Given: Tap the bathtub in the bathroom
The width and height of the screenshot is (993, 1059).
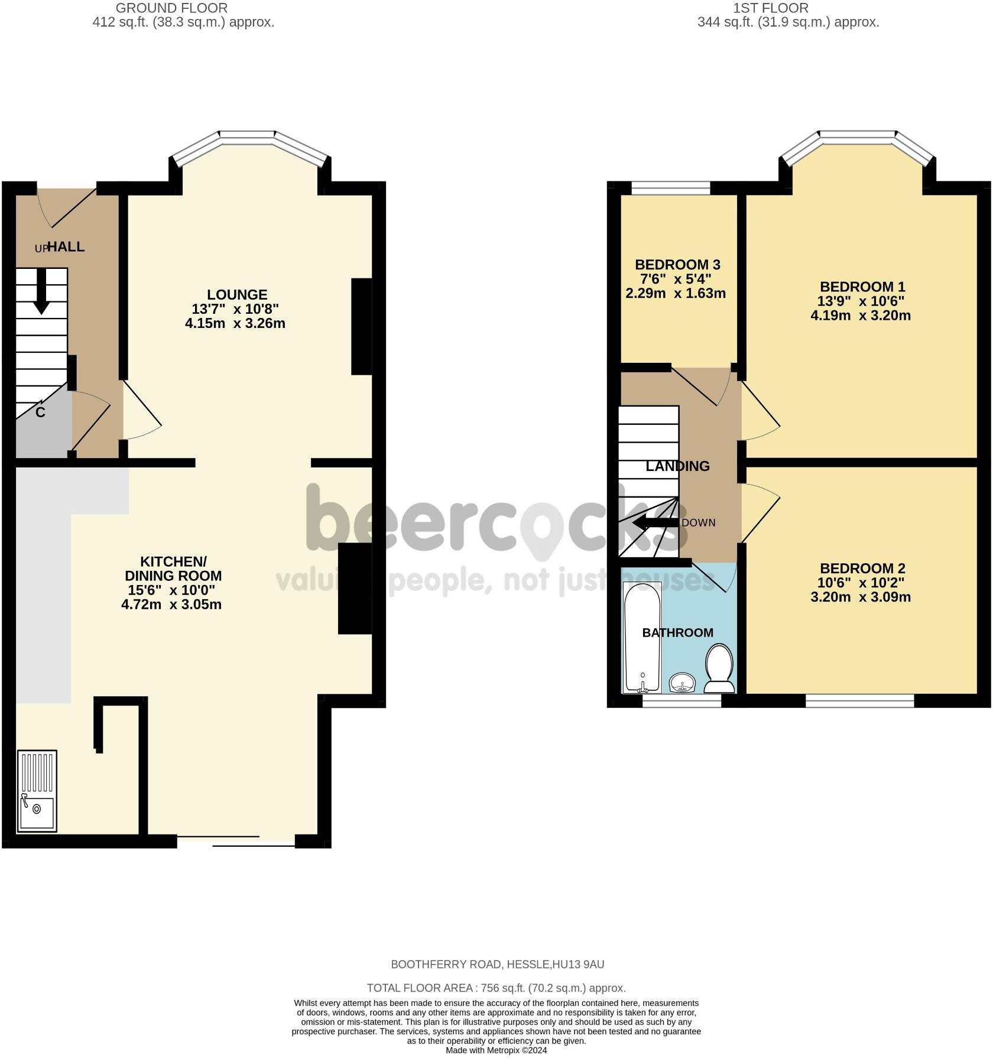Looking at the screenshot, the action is [642, 637].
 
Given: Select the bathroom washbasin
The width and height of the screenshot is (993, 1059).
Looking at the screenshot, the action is [683, 683].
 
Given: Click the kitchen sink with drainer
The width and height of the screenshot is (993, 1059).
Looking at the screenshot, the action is [37, 791].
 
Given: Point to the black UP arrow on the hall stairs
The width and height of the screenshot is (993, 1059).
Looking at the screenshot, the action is [41, 291].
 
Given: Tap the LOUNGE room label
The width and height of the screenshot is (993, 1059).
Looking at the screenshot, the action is [237, 294].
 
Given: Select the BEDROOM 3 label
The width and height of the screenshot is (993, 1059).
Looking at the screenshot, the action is [677, 265].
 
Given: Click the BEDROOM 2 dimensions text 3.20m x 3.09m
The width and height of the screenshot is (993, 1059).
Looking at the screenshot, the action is [861, 597].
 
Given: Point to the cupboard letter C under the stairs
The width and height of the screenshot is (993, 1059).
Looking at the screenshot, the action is [40, 412].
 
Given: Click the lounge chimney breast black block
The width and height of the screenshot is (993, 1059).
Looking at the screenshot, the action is [362, 326].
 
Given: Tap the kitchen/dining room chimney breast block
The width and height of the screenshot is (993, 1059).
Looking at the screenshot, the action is [355, 589].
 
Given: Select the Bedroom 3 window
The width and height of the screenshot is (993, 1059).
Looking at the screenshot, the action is [671, 189].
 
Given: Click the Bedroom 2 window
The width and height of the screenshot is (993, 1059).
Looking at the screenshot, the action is [860, 701].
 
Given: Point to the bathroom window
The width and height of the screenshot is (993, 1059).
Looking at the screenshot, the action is [682, 701].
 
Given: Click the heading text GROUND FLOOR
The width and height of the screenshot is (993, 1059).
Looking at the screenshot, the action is [171, 8].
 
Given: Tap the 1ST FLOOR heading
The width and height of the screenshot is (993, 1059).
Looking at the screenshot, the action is [771, 8].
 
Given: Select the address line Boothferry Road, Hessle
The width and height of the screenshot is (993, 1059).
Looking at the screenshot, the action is [498, 964].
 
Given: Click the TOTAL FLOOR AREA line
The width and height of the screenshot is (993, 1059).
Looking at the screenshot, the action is [496, 988].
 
